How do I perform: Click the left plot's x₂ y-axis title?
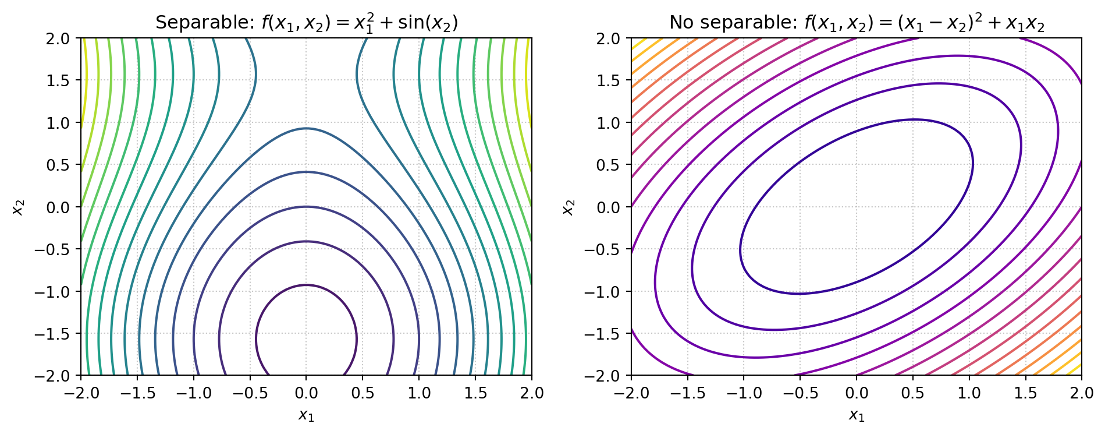tap(18, 207)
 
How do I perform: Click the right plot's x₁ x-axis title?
tap(857, 415)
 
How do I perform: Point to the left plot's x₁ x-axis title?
tap(306, 415)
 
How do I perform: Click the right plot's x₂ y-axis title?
tap(568, 207)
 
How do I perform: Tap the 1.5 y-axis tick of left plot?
tap(58, 80)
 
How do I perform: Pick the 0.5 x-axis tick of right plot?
tap(912, 393)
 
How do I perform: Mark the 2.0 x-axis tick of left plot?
tap(531, 393)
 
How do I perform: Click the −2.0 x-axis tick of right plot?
tap(631, 393)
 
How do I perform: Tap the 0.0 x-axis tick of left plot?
tap(306, 393)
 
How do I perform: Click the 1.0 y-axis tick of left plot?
tap(58, 123)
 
